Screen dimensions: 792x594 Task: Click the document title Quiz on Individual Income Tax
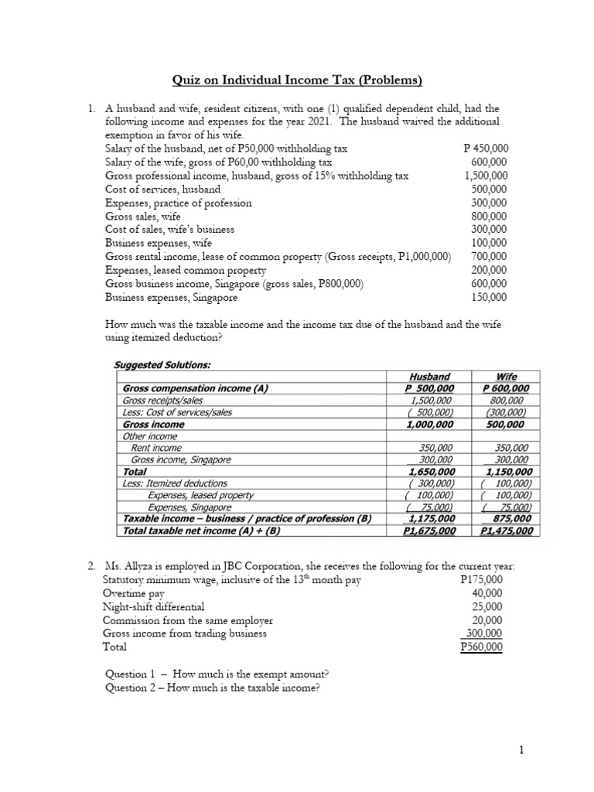click(x=296, y=80)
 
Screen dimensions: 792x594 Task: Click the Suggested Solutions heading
click(x=162, y=364)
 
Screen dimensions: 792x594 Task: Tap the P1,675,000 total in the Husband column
click(x=429, y=531)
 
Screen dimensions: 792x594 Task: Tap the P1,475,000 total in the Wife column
click(x=507, y=531)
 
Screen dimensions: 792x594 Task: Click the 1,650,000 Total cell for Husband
click(x=432, y=471)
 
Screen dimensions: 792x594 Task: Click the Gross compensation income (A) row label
click(x=195, y=388)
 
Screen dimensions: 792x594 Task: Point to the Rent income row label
click(x=156, y=448)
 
